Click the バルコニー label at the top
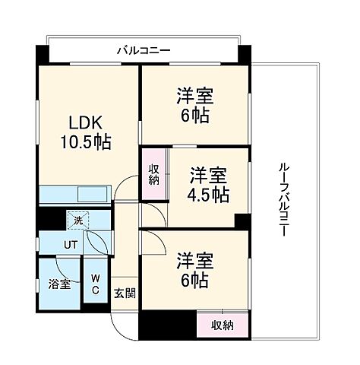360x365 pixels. (144, 51)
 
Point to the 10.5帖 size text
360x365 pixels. (86, 142)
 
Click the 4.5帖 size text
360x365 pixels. (208, 194)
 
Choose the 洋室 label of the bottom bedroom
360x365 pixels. (195, 261)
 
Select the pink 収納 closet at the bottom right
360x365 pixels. (222, 324)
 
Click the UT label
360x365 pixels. (70, 245)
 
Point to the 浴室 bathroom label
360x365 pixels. (60, 284)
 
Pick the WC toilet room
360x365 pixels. (96, 284)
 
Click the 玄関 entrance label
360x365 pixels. (125, 293)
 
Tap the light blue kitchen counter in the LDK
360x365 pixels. (74, 194)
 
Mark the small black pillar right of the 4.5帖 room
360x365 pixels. (242, 221)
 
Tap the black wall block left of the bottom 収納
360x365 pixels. (167, 325)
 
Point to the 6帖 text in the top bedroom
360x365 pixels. (196, 116)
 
